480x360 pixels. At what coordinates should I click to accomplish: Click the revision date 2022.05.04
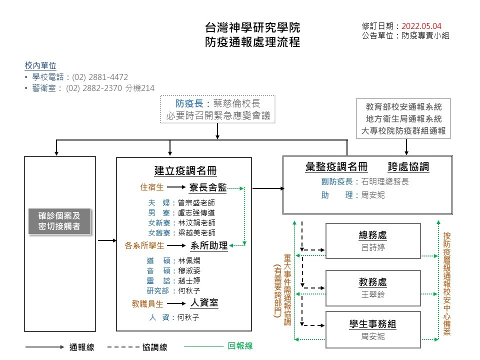[421, 26]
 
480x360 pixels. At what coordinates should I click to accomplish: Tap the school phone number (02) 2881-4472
[100, 77]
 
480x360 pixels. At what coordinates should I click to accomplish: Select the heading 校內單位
[40, 65]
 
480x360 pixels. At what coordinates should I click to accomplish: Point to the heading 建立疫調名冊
[185, 170]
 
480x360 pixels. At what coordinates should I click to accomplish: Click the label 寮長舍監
[208, 187]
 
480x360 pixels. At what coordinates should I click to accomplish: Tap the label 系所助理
[209, 245]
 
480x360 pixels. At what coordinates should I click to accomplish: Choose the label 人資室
[204, 303]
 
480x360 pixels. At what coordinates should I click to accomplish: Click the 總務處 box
[372, 240]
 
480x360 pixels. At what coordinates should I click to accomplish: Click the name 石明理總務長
[384, 181]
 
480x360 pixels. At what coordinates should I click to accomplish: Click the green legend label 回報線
[240, 346]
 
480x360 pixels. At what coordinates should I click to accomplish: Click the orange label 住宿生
[152, 187]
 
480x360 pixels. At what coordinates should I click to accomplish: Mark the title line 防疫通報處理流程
[252, 42]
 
